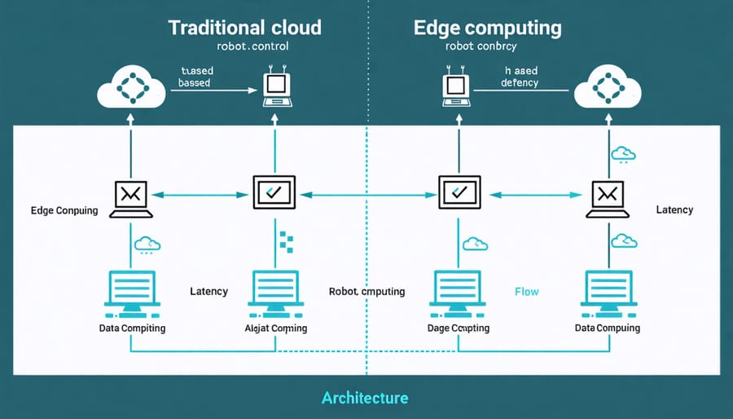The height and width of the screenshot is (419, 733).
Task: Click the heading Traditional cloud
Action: [244, 27]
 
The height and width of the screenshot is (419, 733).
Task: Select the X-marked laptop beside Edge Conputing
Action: [130, 196]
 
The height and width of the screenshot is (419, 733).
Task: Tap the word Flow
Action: [526, 291]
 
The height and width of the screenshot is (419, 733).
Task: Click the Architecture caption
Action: [365, 398]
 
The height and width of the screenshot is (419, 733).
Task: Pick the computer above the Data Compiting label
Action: [130, 293]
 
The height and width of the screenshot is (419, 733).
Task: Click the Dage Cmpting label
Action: [459, 328]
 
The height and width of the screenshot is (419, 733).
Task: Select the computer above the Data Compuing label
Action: [608, 293]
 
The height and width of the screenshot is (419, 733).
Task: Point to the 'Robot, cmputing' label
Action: [366, 291]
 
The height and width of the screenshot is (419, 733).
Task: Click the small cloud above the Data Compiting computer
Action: [147, 243]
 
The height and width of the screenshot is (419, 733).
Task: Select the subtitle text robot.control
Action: [244, 47]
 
